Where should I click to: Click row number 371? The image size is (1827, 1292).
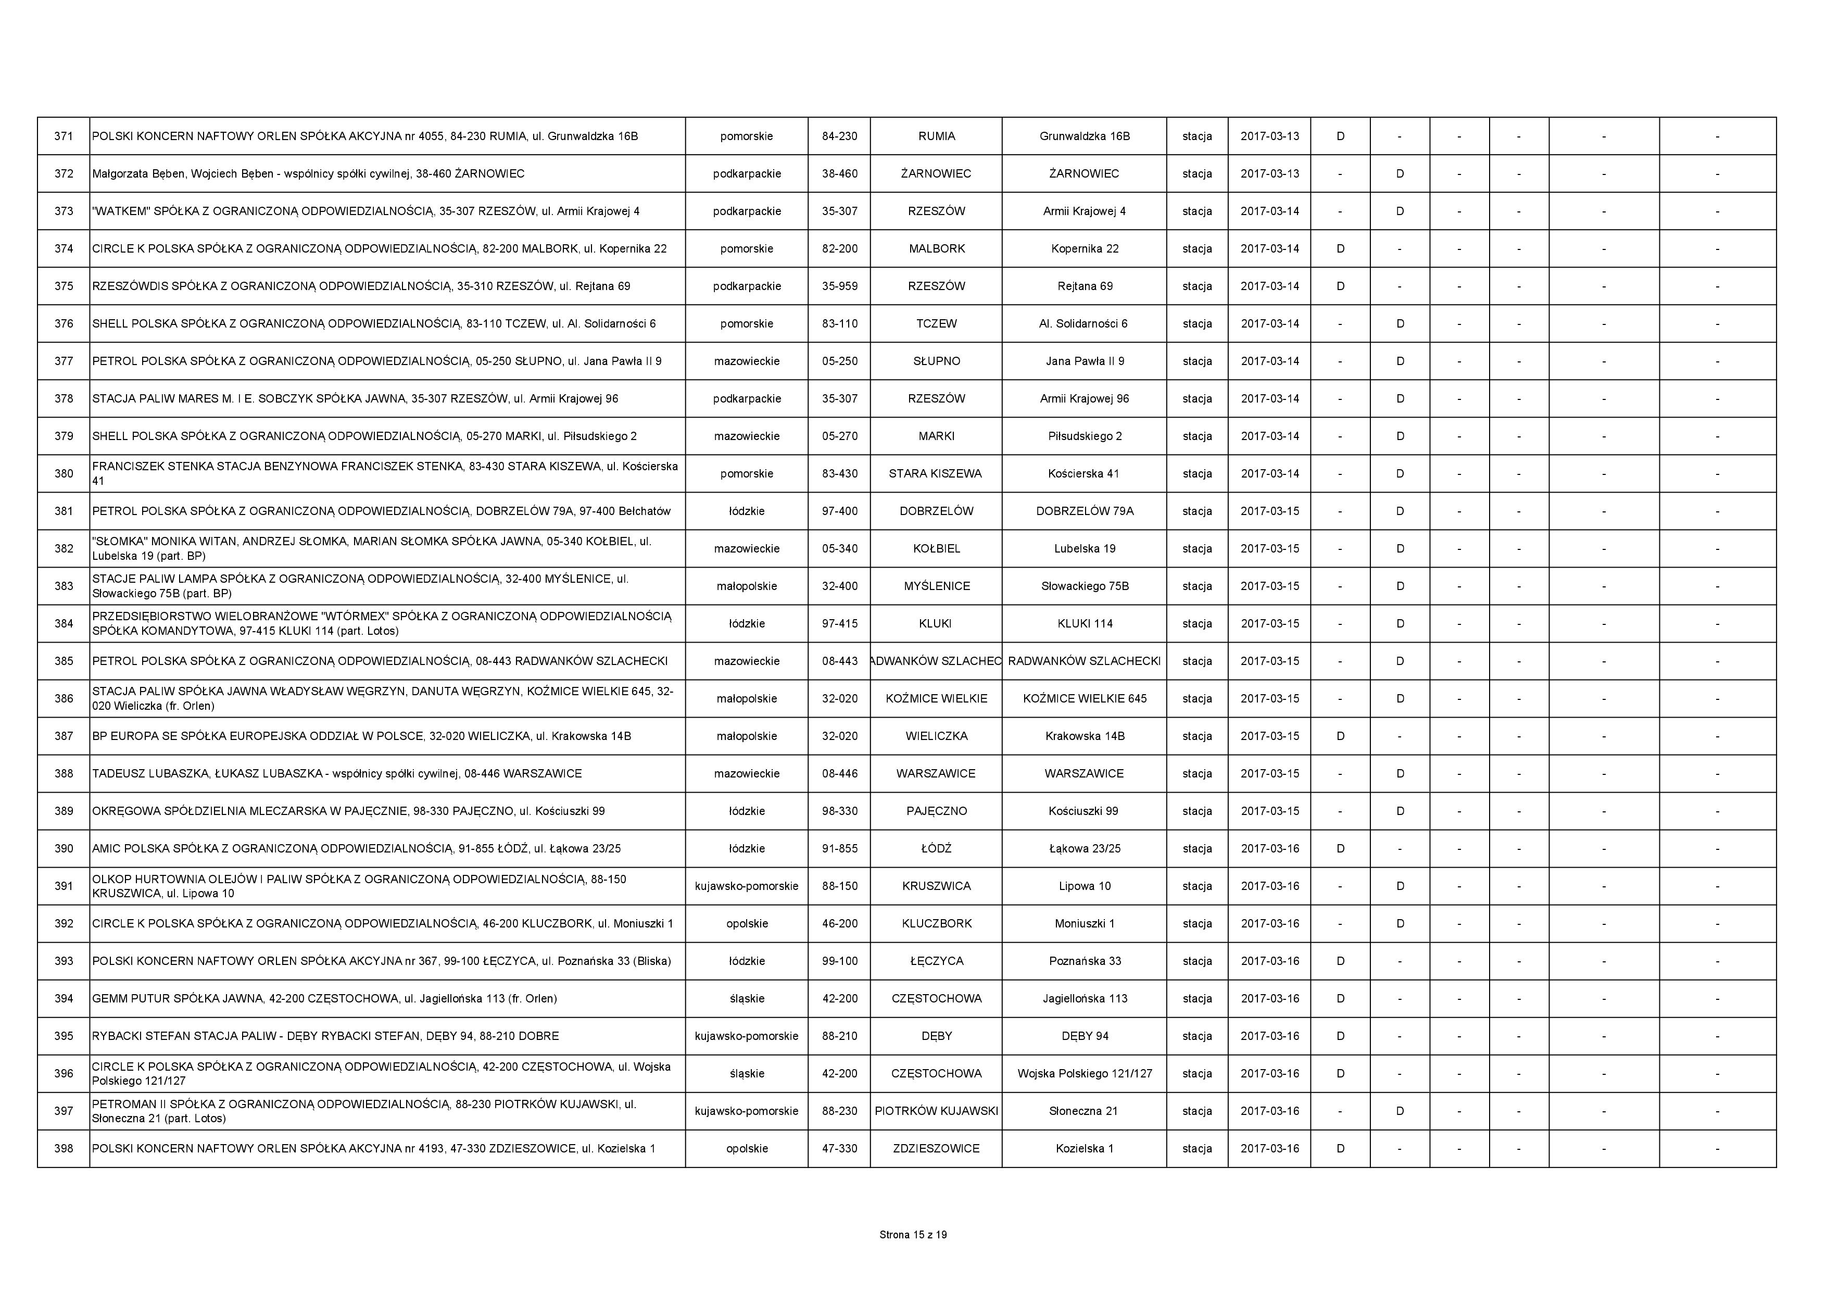(x=64, y=136)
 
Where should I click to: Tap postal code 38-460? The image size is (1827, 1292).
(x=839, y=173)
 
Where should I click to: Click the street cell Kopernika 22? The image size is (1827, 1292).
(x=1084, y=248)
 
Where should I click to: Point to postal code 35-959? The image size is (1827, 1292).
(x=839, y=286)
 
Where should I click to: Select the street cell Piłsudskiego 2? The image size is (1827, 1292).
(x=1084, y=436)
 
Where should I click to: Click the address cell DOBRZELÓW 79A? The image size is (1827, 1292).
(x=1084, y=511)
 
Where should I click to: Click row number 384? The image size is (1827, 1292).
(x=64, y=623)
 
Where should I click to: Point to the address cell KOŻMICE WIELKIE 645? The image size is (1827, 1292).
(x=1084, y=698)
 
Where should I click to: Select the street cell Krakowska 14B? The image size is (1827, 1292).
(x=1084, y=735)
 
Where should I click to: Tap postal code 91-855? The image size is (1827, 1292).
(x=839, y=849)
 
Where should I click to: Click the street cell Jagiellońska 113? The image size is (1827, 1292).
(x=1084, y=998)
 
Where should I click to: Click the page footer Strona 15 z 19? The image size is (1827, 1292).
(x=913, y=1235)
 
